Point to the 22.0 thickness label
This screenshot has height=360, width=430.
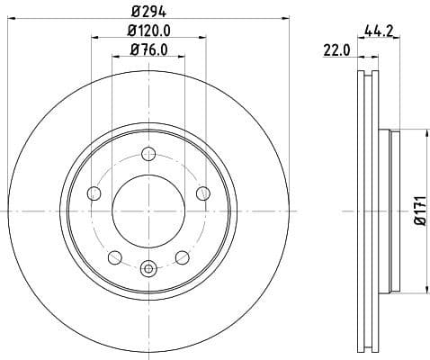click(x=336, y=51)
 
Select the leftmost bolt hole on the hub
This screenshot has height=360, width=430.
click(x=94, y=193)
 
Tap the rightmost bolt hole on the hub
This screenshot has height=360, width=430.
click(x=203, y=193)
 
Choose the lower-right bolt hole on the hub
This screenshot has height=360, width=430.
click(x=183, y=256)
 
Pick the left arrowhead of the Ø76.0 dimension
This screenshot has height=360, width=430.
click(x=114, y=56)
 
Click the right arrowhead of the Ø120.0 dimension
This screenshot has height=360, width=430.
click(x=203, y=37)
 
